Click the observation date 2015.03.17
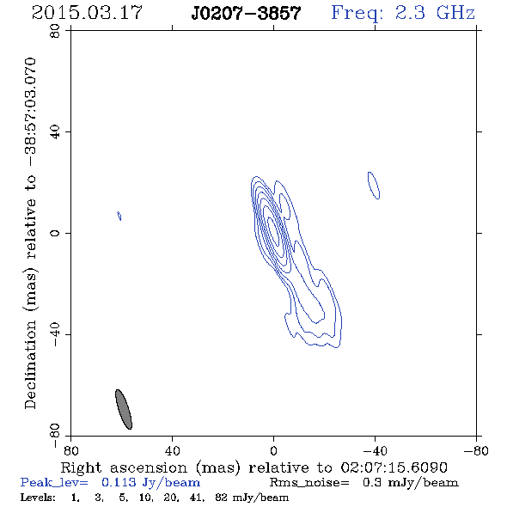tap(87, 13)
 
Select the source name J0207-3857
tap(246, 13)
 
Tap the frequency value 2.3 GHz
tap(435, 13)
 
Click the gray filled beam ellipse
tap(124, 409)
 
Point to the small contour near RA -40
tap(374, 186)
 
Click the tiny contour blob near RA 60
tap(119, 216)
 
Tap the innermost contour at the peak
tap(273, 231)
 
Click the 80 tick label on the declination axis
tap(55, 31)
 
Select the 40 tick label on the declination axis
tap(55, 132)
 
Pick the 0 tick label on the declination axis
tap(55, 233)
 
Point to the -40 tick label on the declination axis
tap(55, 334)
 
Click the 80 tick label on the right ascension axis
tap(70, 450)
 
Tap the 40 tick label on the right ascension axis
tap(172, 450)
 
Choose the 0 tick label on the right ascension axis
tap(273, 450)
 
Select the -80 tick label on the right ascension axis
tap(476, 450)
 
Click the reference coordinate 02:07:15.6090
tap(394, 467)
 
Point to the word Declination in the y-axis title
tap(30, 364)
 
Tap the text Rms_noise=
tap(309, 483)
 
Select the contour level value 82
tap(221, 498)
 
